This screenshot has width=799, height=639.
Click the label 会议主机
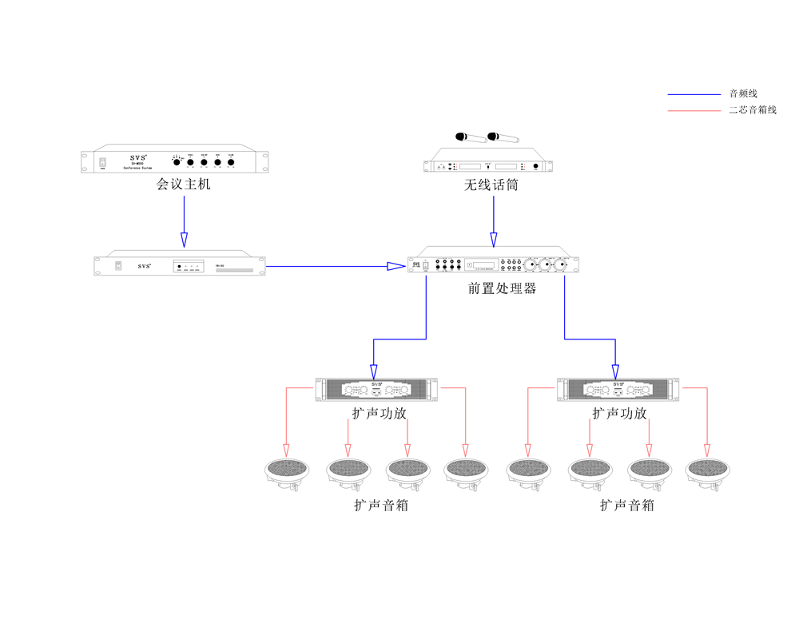[x=184, y=185]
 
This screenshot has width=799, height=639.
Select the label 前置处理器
[x=502, y=288]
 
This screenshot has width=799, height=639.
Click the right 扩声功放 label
[x=619, y=414]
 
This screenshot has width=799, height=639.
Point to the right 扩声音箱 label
[x=627, y=505]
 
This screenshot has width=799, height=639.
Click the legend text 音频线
[x=742, y=94]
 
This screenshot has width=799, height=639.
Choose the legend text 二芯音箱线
[x=753, y=110]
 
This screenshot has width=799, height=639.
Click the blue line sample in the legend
[x=694, y=94]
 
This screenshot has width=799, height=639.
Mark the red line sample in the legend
[x=694, y=110]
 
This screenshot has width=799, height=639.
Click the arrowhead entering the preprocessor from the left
[x=396, y=266]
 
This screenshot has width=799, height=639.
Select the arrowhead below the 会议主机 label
[x=185, y=239]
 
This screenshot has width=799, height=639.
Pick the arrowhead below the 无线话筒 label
[x=494, y=239]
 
